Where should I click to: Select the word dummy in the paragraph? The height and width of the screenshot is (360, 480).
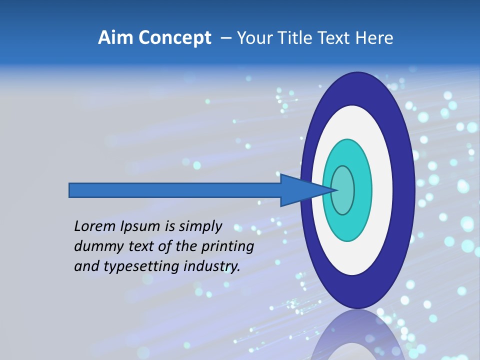click(x=96, y=246)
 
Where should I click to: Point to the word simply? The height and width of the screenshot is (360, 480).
click(x=200, y=227)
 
